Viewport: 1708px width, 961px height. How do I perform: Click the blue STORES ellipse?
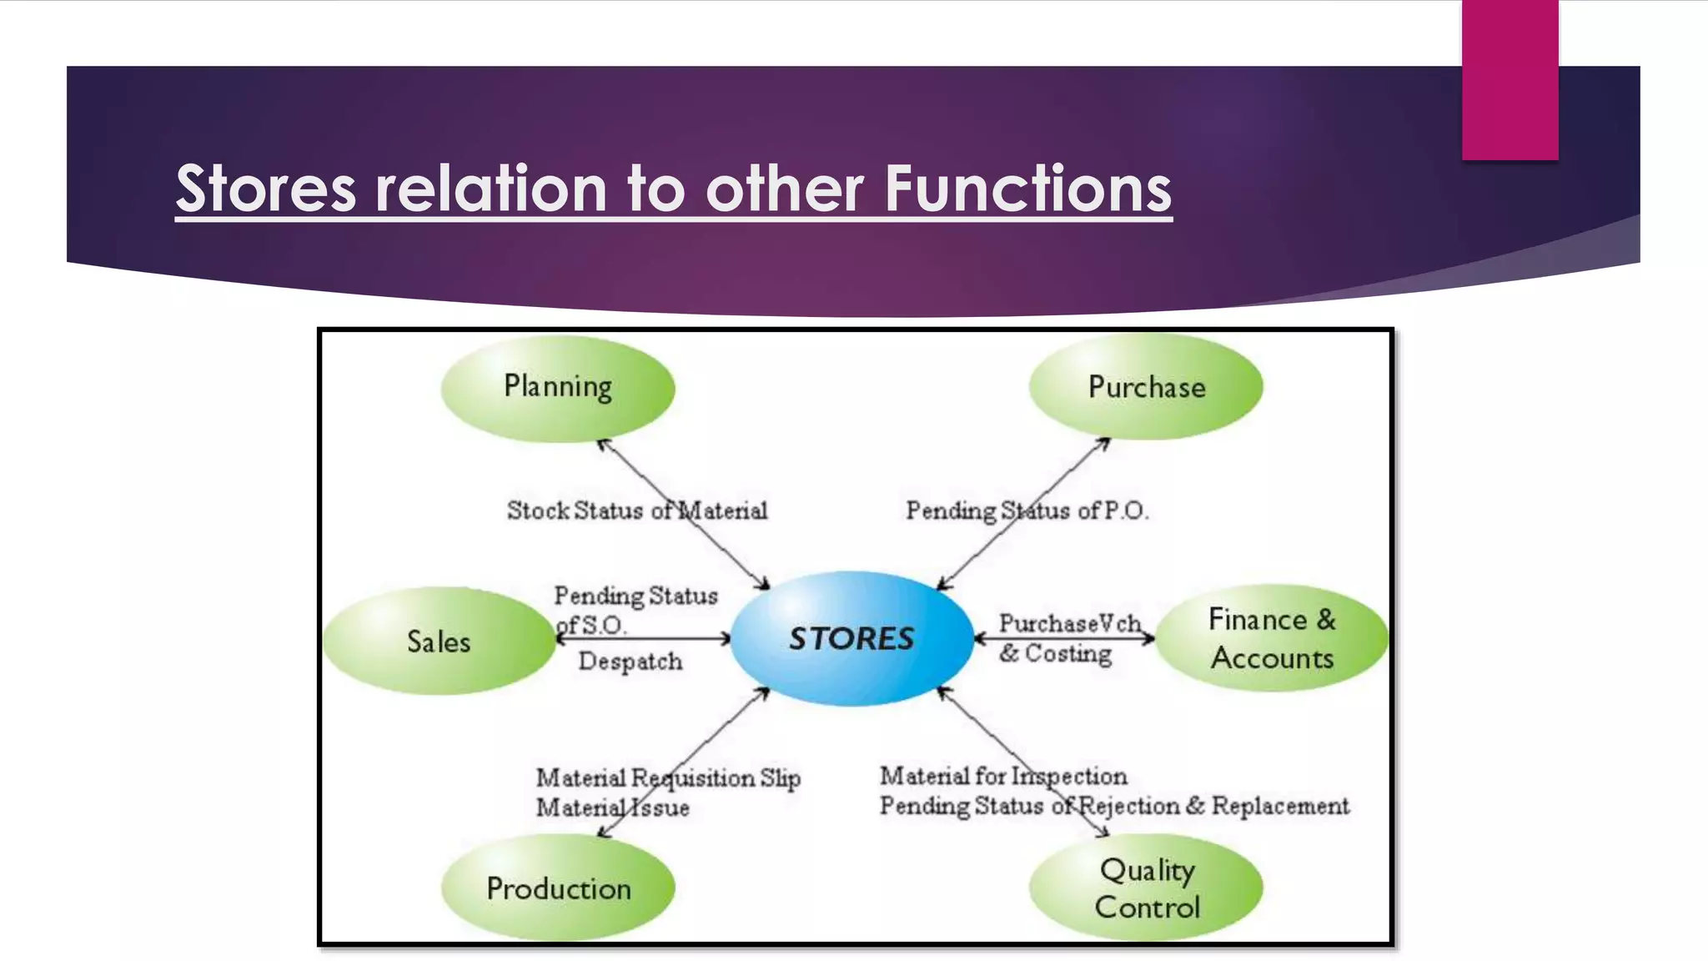(851, 638)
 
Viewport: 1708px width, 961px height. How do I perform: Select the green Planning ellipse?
(557, 387)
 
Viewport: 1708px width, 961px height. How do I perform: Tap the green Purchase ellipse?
(1146, 387)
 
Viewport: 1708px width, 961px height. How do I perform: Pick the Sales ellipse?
(439, 641)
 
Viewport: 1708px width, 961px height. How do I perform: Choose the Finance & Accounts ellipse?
(1271, 638)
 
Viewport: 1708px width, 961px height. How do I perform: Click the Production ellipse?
(558, 888)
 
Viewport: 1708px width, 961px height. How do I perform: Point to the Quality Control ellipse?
(1146, 888)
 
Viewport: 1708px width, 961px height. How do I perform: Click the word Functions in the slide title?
(1027, 189)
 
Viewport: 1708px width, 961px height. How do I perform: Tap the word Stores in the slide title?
(266, 189)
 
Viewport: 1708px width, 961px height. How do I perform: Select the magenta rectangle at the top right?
(1510, 79)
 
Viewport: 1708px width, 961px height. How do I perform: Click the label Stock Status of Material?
(636, 511)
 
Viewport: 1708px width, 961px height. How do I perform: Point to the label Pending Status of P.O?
(1027, 511)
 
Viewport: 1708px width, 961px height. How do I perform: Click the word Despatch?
(630, 662)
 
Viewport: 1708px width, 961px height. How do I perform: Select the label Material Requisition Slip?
(667, 778)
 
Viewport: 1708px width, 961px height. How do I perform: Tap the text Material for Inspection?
(1003, 777)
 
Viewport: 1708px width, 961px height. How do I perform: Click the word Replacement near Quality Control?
(1280, 806)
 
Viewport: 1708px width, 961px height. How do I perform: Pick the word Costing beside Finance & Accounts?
(1067, 653)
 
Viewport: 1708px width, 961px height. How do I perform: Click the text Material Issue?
(612, 808)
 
